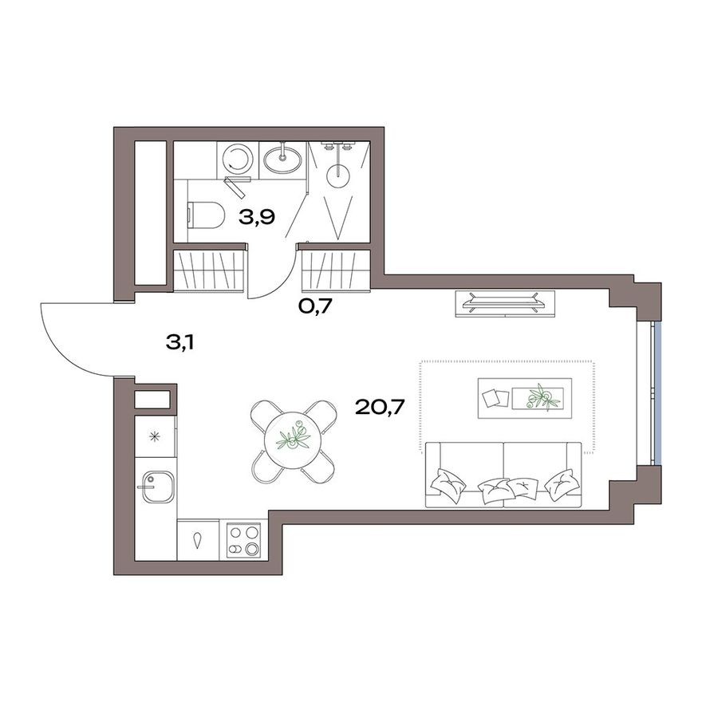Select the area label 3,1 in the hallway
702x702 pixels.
[x=179, y=344]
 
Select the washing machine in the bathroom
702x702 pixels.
[x=237, y=158]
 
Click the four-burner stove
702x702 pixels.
[x=243, y=539]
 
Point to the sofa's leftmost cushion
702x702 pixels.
[x=444, y=481]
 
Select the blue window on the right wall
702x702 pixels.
[x=655, y=392]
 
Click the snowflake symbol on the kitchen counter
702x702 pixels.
[x=154, y=436]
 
